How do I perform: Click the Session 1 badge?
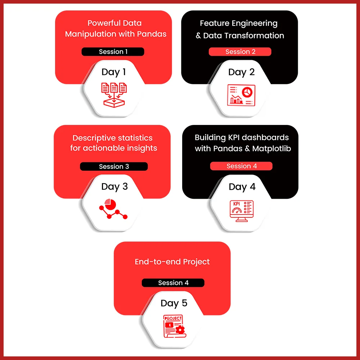point(113,51)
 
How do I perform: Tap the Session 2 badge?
point(240,51)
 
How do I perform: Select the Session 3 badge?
point(114,166)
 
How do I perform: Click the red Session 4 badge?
point(241,166)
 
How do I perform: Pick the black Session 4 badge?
point(173,283)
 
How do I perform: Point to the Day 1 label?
point(114,72)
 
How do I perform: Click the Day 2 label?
point(241,72)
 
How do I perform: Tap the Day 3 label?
point(114,187)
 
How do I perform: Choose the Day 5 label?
point(174,303)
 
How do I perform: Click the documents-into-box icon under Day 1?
point(114,95)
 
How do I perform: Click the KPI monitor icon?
point(242,211)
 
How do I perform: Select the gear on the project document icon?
point(180,330)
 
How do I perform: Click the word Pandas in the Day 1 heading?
point(152,34)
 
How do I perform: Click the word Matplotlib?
point(271,149)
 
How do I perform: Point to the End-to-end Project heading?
point(172,262)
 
